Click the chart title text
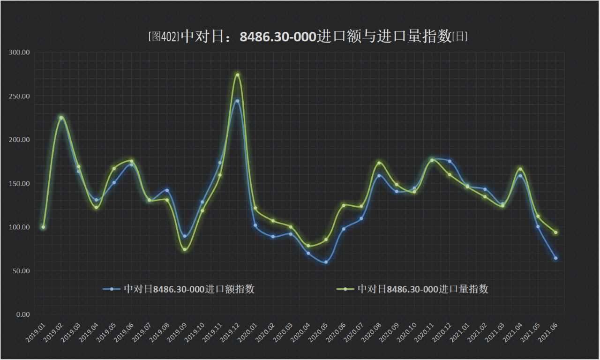point(307,37)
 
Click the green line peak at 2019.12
point(238,75)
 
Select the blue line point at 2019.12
point(238,101)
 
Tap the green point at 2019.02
point(61,118)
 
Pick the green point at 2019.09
point(185,249)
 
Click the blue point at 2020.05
point(326,262)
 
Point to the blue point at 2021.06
point(555,258)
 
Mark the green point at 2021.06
point(555,232)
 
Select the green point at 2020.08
point(379,163)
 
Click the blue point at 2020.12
point(450,161)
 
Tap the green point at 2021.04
point(520,169)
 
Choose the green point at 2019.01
point(43,227)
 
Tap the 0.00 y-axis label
point(23,315)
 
